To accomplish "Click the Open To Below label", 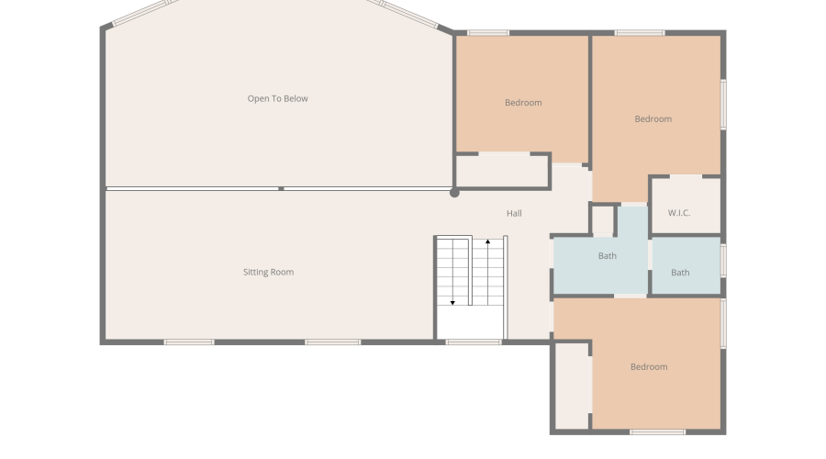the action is coord(277,98).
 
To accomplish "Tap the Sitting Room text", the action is coord(268,272).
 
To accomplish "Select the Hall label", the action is coord(514,213).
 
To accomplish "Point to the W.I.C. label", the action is coord(679,213).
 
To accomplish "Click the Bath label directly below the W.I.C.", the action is coord(680,273).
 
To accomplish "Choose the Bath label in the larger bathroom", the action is coord(608,255).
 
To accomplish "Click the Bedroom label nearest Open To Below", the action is coord(523,103).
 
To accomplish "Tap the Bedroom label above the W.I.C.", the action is coord(653,119).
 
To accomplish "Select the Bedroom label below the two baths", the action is coord(649,367).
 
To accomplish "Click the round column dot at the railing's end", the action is coord(454,193).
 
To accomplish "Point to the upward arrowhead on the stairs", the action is coord(488,241).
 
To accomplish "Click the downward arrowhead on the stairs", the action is coord(452,303).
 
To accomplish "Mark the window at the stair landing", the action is coord(474,342).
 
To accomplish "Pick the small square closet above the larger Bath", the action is coord(603,219).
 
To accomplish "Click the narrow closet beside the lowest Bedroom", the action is coord(572,386).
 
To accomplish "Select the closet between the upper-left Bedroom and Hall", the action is coord(502,171).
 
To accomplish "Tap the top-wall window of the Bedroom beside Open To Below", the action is coord(488,33).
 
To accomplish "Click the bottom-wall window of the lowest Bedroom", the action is coord(657,432).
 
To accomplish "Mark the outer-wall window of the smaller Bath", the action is coord(723,261).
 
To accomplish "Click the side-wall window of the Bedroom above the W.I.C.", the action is coord(723,105).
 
